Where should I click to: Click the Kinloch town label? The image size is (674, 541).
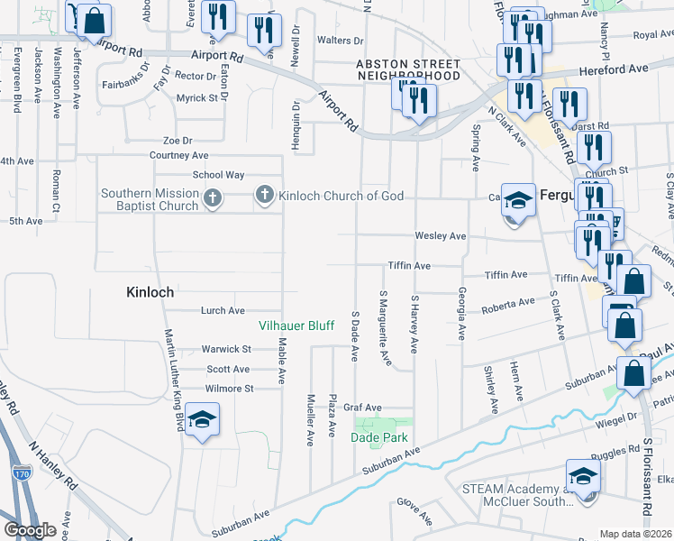[x=150, y=293]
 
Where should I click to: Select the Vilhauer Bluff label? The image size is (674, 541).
[x=296, y=326]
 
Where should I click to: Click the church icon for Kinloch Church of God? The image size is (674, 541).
[x=265, y=195]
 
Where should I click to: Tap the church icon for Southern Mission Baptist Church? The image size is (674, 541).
[x=212, y=198]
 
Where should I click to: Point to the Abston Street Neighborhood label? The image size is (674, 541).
[x=407, y=70]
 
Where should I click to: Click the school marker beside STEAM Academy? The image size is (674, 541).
[x=582, y=478]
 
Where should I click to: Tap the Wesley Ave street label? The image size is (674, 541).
[x=440, y=236]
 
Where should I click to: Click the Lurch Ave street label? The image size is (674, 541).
[x=223, y=311]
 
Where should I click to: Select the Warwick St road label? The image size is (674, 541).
[x=225, y=349]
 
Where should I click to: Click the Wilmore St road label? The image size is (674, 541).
[x=230, y=389]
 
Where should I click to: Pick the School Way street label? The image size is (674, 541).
[x=218, y=175]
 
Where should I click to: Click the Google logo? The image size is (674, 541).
[x=30, y=530]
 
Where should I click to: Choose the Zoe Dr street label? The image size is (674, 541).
[x=178, y=141]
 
